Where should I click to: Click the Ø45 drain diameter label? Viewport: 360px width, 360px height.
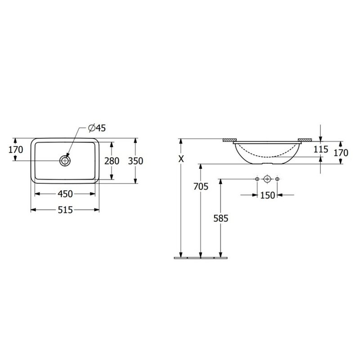coord(97,128)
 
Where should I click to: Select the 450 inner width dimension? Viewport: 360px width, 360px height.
coord(65,194)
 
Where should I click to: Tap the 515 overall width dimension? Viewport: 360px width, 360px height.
coord(65,210)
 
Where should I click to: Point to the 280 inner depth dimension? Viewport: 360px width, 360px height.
coord(112,161)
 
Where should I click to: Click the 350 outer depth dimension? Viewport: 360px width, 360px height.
coord(135,161)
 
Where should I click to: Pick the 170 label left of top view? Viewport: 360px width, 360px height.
coord(16,150)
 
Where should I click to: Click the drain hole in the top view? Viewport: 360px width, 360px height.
coord(65,161)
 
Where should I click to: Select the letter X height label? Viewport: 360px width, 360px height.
coord(181,159)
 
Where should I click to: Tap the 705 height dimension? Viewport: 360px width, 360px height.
coord(201,186)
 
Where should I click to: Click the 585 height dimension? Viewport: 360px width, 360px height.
coord(221,218)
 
